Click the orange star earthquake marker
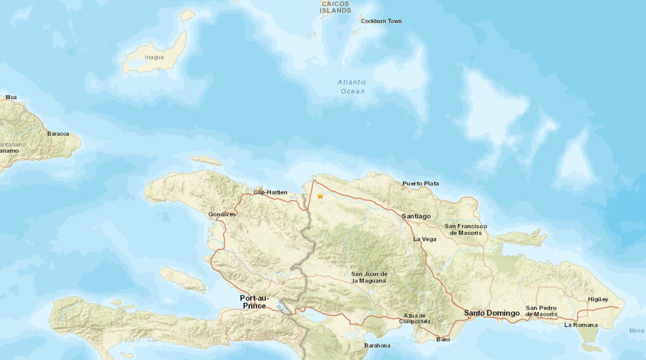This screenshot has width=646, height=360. click(x=320, y=196)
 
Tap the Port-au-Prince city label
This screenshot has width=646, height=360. click(x=254, y=302)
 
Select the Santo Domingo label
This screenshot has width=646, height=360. click(x=491, y=313)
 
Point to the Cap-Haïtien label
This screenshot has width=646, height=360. click(x=270, y=192)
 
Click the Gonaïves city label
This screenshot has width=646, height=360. click(x=222, y=214)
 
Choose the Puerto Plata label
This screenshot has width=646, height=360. click(x=420, y=183)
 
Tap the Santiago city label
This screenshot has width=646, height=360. click(x=416, y=216)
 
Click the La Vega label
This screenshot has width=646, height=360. click(x=425, y=239)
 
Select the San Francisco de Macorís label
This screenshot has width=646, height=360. click(x=466, y=229)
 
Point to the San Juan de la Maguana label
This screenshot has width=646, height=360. click(x=369, y=277)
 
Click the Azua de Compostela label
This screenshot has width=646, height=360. click(x=415, y=319)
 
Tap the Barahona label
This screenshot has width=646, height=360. click(x=377, y=345)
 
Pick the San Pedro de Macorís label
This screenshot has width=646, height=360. click(x=542, y=311)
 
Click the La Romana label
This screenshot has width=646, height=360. click(x=581, y=325)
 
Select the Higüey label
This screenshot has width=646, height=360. click(x=598, y=299)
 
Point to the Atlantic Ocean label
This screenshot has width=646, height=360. click(x=352, y=87)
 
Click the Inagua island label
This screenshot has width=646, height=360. click(x=154, y=57)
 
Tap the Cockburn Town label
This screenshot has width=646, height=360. click(x=381, y=21)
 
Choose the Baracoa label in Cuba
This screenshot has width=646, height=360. click(x=58, y=134)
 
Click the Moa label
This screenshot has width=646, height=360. click(x=11, y=97)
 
